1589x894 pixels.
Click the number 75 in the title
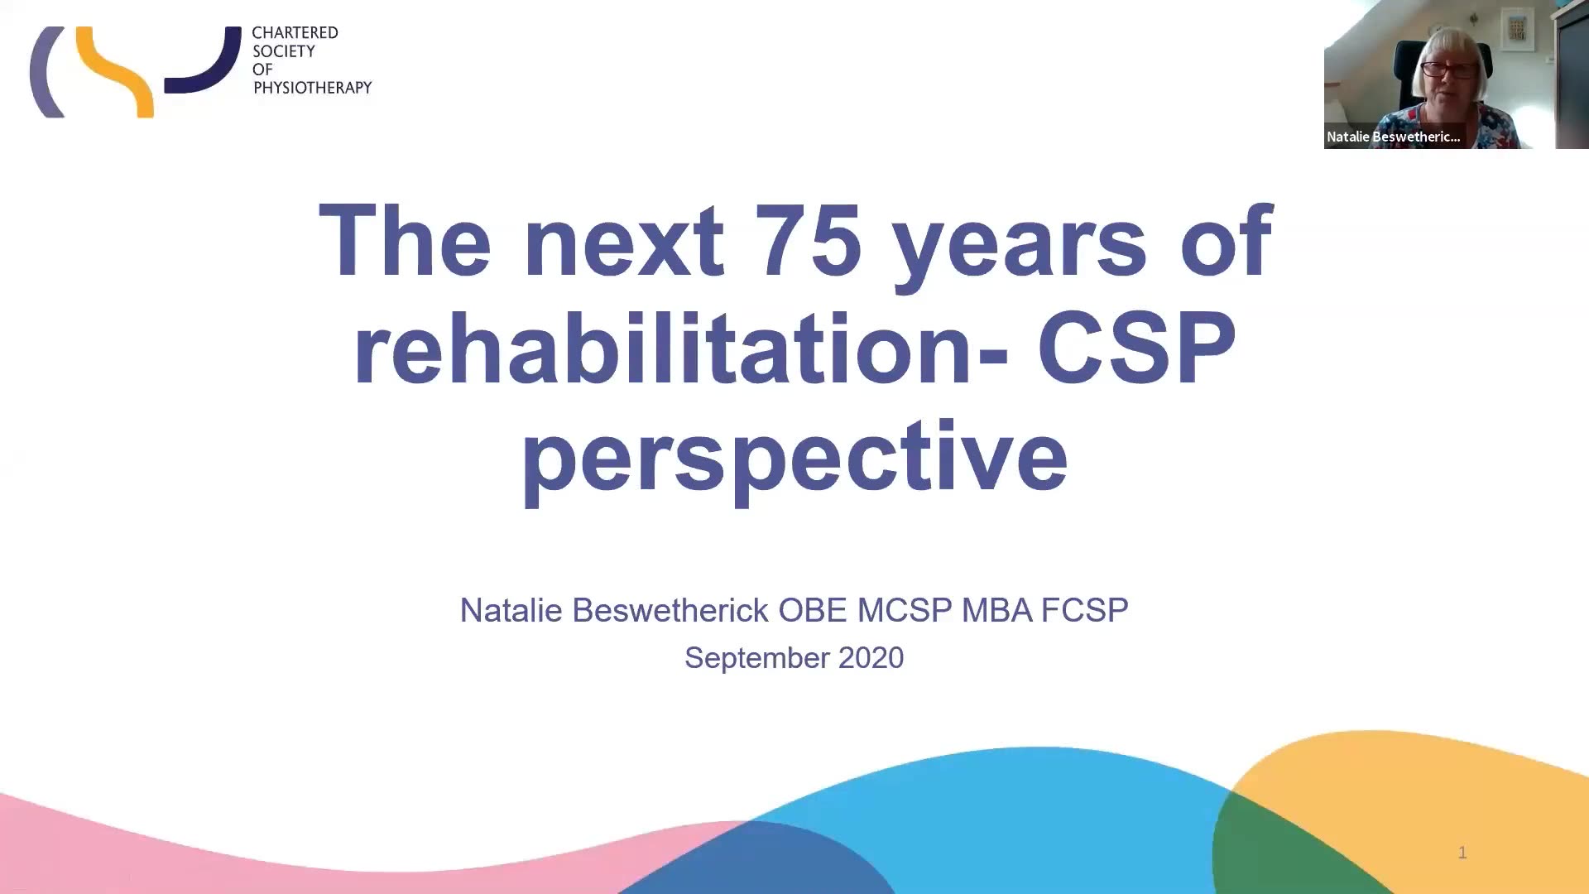(809, 241)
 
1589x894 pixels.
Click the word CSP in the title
(1136, 348)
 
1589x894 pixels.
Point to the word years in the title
(1020, 248)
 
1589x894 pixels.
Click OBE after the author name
(813, 610)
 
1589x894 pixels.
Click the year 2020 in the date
(871, 657)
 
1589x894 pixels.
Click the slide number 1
(1462, 853)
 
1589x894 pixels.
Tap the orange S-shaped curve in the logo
(116, 72)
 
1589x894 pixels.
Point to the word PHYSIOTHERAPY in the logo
(312, 88)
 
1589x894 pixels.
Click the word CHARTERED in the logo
(295, 33)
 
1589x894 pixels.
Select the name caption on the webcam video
(1393, 137)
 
